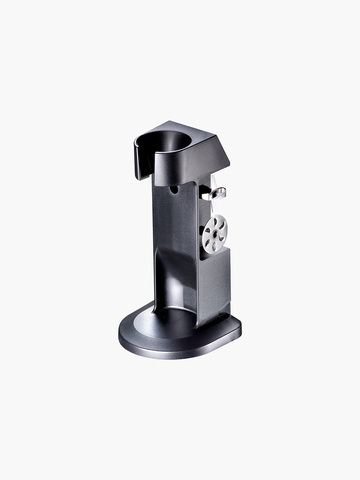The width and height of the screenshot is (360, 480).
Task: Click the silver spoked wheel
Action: pos(213,233)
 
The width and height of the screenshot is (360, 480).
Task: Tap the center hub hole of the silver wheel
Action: pos(213,233)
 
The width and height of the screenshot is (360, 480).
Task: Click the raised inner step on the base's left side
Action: pos(140,326)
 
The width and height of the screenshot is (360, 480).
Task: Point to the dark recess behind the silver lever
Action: pos(207,192)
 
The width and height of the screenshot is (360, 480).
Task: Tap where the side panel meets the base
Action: pos(215,318)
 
